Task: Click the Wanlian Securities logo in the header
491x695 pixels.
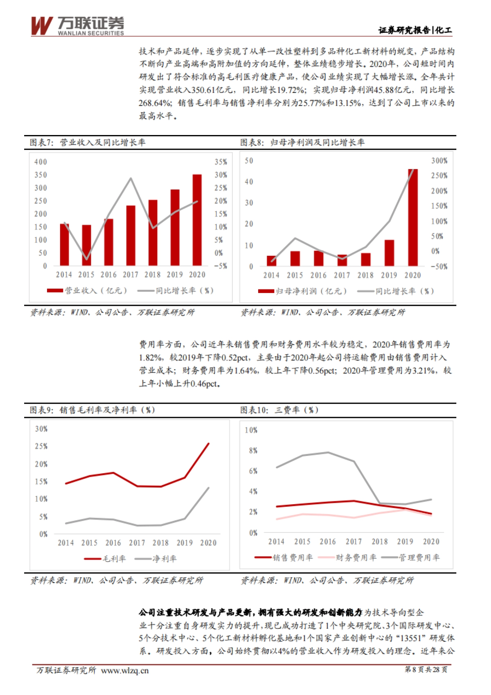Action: click(77, 26)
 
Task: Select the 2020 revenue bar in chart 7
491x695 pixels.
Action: click(197, 220)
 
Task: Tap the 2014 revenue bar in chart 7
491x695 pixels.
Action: click(64, 245)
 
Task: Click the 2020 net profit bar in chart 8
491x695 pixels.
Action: click(413, 218)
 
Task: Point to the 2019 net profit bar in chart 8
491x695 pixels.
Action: click(389, 253)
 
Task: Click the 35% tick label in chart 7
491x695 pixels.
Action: click(221, 162)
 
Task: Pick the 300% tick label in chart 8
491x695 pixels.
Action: click(439, 161)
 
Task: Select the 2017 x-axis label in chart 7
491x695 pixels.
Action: click(131, 275)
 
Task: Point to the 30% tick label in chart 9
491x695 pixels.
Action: click(41, 429)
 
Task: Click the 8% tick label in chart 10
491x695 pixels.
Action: click(253, 451)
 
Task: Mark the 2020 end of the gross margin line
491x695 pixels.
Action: click(209, 444)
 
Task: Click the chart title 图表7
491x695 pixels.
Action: click(88, 142)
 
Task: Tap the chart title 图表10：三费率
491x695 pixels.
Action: click(279, 410)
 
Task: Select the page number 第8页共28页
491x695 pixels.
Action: click(426, 670)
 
